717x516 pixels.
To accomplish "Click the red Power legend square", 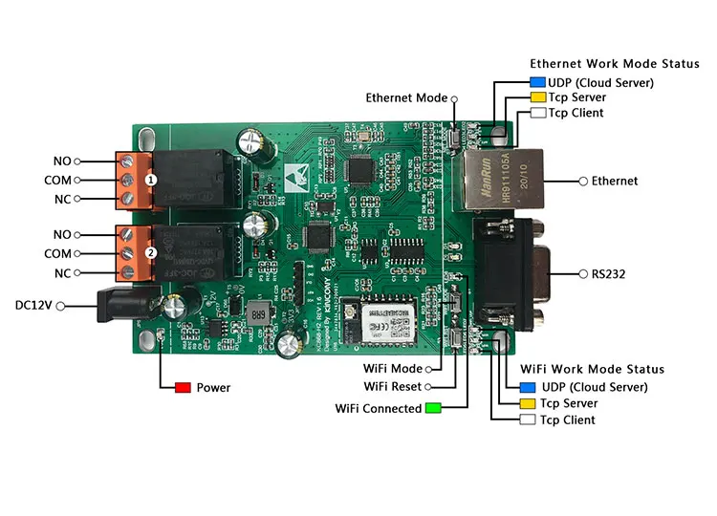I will point(183,388).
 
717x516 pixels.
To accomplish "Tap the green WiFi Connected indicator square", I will point(433,409).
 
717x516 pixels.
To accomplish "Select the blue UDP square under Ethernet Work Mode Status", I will point(537,82).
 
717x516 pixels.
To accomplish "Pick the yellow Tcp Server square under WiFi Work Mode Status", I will point(527,404).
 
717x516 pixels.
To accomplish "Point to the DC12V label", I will point(33,306).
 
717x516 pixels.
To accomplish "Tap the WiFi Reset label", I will point(393,387).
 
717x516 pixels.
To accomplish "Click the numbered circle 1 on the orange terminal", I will point(150,179).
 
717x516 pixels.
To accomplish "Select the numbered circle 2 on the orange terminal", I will point(150,253).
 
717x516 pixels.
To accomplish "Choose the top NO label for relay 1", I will point(62,161).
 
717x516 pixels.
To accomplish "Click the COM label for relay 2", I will point(57,253).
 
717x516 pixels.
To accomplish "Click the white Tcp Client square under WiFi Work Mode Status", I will point(527,420).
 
